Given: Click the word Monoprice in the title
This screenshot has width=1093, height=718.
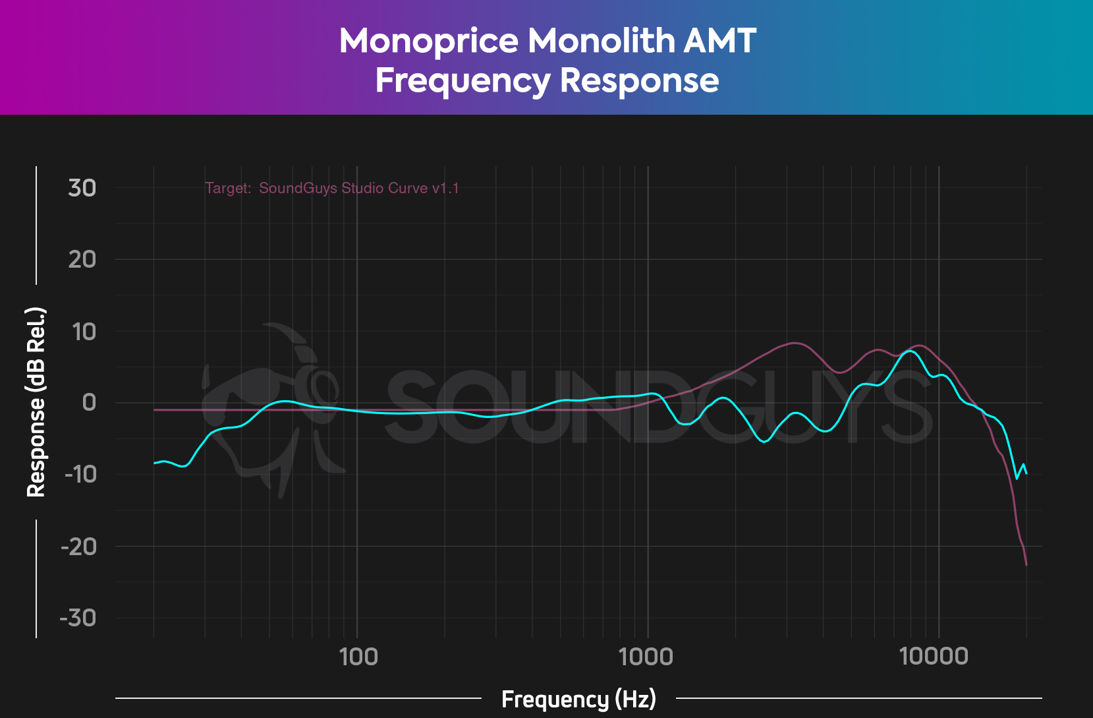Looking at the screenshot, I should coord(428,41).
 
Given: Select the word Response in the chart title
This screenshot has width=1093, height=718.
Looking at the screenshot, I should coord(639,81).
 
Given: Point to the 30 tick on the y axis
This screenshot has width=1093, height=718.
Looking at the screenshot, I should coord(82,188).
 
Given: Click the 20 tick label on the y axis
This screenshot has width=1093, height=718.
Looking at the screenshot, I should coord(82,259).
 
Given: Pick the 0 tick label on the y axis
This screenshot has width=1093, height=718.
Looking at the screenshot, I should coord(89,402).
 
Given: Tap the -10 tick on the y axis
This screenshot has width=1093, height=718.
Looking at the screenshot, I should coord(80,474).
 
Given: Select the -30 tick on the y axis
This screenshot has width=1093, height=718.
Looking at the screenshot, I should coord(78,618).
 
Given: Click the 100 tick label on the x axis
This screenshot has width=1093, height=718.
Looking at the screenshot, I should coord(358,656).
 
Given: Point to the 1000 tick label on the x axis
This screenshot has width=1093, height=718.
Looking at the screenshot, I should coord(646,656).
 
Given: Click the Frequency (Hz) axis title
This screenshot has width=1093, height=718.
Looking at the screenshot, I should coord(578,699).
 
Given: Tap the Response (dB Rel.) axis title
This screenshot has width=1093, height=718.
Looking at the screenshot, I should coord(36,402).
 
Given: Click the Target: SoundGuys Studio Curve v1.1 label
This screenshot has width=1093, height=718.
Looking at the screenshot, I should coord(331,188).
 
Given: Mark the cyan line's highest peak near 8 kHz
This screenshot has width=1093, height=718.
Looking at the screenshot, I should coord(910,351).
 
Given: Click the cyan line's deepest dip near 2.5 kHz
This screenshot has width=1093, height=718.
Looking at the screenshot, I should coord(764,442).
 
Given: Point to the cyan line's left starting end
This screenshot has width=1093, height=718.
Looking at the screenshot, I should coord(154,463).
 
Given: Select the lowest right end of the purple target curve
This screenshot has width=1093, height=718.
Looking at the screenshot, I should coord(1026,565).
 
